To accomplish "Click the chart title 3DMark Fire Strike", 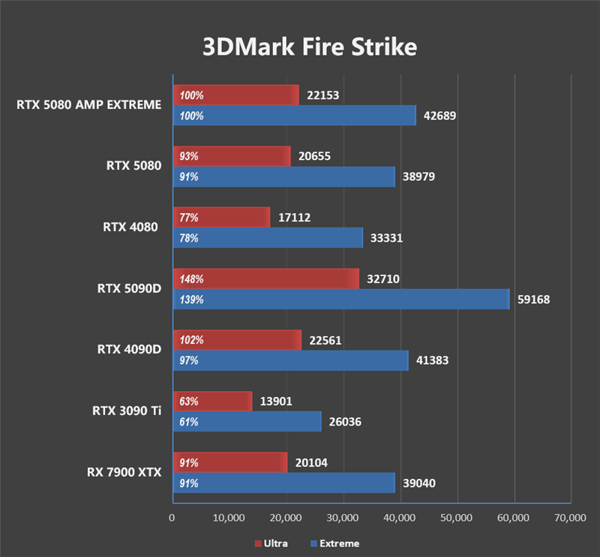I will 308,47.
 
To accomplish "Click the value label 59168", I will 533,300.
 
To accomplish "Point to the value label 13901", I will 276,402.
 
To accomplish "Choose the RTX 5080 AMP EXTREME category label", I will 88,105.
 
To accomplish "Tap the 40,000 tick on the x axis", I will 400,518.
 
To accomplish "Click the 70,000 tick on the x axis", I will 570,518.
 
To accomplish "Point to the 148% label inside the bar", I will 191,279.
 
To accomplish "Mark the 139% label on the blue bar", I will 191,300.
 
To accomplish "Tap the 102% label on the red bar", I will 191,340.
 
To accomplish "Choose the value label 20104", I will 311,463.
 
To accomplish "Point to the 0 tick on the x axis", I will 172,518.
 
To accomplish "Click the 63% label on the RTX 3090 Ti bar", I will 188,402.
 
